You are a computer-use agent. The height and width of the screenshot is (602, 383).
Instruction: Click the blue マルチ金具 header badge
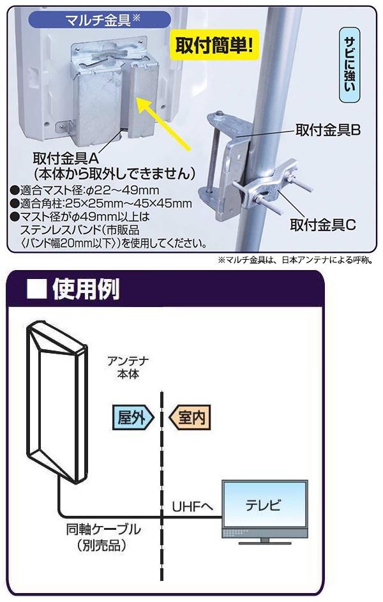[x=100, y=19]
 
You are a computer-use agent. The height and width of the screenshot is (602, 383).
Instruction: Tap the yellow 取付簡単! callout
[x=214, y=45]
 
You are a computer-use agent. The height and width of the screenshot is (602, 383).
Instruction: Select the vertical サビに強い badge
[x=350, y=64]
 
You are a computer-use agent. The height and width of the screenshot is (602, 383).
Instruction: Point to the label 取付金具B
[x=327, y=130]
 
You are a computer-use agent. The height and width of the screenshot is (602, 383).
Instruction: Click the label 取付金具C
[x=322, y=225]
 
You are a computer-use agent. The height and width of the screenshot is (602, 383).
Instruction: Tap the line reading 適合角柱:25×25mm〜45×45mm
[x=101, y=203]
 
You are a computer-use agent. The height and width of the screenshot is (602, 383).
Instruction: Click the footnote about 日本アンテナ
[x=296, y=260]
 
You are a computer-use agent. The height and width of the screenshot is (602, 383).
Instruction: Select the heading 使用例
[x=86, y=289]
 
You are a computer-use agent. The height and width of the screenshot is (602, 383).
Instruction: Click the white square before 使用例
[x=36, y=289]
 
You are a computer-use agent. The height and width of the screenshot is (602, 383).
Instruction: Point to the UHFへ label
[x=192, y=507]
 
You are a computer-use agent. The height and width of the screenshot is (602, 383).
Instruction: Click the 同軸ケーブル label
[x=103, y=529]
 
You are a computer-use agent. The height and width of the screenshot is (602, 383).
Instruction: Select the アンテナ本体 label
[x=128, y=368]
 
